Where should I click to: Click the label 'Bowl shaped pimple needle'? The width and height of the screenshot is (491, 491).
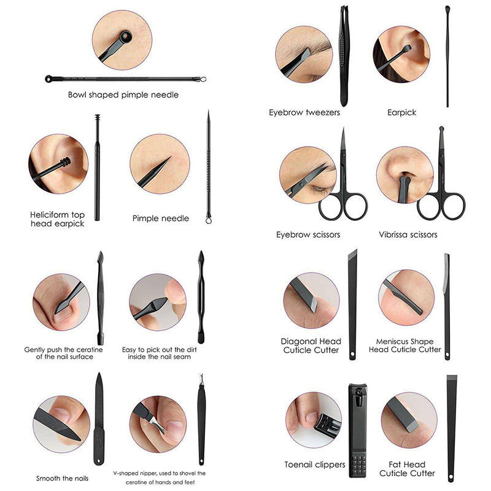pos(123,95)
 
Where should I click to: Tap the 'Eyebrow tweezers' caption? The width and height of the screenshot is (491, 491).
pos(304,112)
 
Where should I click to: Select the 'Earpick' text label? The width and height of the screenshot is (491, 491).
pos(402,112)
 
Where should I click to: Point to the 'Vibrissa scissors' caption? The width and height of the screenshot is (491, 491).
pos(408,234)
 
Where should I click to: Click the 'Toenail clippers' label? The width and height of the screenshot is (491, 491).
pos(315,465)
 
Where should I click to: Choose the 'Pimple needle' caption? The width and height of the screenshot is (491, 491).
pos(161,218)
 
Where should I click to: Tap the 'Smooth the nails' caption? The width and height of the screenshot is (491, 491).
pos(63,479)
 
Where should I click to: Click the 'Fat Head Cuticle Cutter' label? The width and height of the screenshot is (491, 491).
pos(407,469)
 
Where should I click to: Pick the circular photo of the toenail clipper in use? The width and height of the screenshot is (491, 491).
pos(314,420)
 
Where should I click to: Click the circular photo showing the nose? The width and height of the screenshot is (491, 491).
pos(405,175)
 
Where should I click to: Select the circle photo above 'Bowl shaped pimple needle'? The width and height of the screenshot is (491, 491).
pos(122,40)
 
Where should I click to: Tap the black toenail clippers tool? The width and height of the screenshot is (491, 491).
pos(358,431)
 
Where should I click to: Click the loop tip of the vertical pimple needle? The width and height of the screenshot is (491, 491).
pos(209,220)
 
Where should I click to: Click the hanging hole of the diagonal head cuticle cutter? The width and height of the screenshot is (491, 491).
pos(352,355)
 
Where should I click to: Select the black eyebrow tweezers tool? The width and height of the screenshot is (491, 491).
pos(344,56)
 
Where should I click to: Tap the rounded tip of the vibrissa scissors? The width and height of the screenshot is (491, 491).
pos(441,129)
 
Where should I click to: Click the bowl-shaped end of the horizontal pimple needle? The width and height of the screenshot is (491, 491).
pos(49,79)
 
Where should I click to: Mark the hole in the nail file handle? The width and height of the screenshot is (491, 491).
pos(99,461)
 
